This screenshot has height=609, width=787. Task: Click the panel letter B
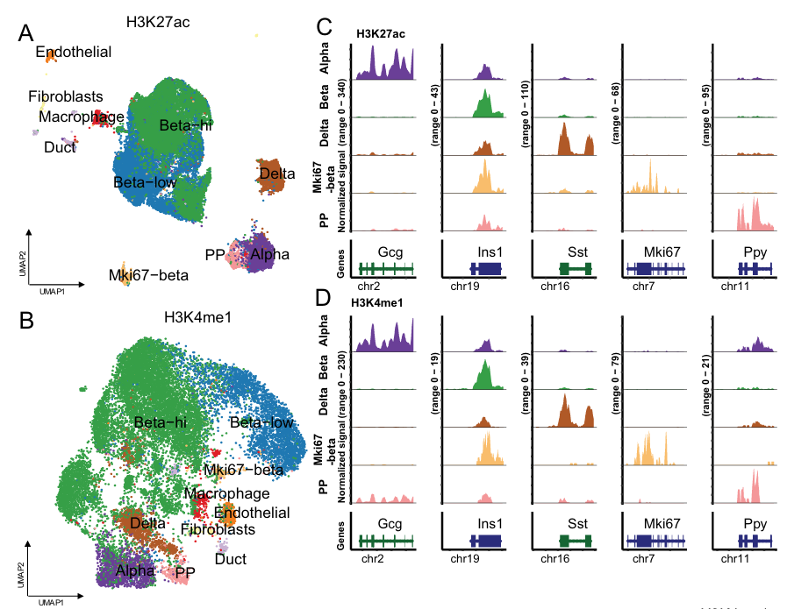coord(26,321)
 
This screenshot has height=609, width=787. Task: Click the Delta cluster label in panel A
coord(277,175)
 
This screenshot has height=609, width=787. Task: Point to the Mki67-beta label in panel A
coord(148,274)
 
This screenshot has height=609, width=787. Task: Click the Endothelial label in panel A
coord(74,53)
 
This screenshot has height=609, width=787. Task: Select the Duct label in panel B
coord(231,559)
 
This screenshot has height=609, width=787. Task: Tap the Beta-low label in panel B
coord(261,423)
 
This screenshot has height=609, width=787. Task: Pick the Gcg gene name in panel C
coord(390,252)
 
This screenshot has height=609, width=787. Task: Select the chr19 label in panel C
coord(464,286)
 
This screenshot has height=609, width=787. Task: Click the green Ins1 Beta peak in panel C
coord(484,104)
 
